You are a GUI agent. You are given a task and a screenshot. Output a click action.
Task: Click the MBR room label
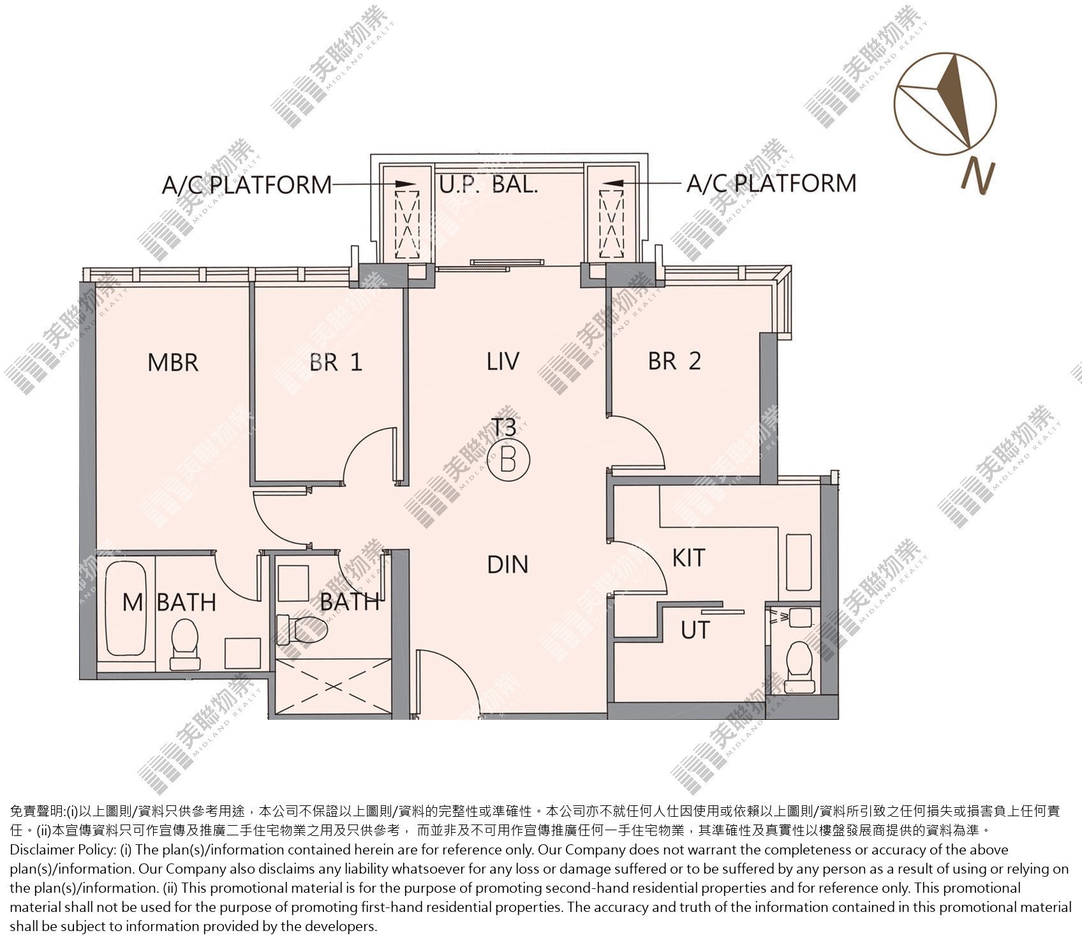173,362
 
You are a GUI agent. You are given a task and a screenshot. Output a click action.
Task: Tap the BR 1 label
336,362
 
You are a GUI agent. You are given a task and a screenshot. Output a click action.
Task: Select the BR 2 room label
674,361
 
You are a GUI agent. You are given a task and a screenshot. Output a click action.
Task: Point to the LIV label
503,361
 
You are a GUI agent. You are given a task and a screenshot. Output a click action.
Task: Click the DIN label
508,564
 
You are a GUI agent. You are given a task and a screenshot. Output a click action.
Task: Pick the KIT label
689,558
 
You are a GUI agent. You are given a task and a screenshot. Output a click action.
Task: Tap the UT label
695,630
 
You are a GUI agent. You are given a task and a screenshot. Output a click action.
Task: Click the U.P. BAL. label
489,184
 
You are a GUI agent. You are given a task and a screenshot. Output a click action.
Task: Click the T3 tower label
504,426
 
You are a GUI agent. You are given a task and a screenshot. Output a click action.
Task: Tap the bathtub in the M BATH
126,609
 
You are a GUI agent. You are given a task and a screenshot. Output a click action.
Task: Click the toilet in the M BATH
184,643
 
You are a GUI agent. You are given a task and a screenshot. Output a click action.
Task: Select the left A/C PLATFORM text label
247,185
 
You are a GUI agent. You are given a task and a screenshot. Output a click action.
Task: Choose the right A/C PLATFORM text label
771,183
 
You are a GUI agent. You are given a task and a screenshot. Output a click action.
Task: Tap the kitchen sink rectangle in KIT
799,562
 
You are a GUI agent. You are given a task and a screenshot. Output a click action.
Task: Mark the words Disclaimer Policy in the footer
59,850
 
